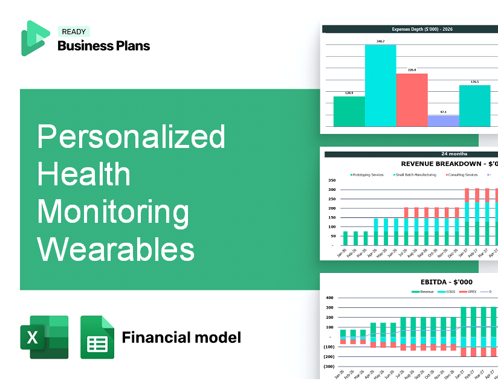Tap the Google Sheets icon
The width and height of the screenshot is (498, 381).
(x=97, y=337)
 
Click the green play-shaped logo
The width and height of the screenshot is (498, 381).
(x=34, y=38)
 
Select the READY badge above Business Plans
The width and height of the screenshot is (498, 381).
(x=73, y=32)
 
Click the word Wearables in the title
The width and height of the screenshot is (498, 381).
(x=116, y=248)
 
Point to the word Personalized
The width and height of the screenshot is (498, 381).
(x=131, y=137)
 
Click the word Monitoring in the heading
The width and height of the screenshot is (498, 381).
(x=113, y=211)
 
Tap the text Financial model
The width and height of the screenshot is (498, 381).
(x=181, y=337)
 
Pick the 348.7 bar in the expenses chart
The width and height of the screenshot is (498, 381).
(x=380, y=85)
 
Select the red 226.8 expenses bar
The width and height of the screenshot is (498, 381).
(x=412, y=100)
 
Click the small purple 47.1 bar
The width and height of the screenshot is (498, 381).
(x=443, y=121)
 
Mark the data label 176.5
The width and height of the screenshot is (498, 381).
(x=474, y=82)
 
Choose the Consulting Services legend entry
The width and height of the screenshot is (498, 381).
(x=462, y=175)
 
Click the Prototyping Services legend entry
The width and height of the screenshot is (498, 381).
(x=368, y=175)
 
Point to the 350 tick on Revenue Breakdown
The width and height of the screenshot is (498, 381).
(x=331, y=180)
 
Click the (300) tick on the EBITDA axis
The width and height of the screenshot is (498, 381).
(x=329, y=367)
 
